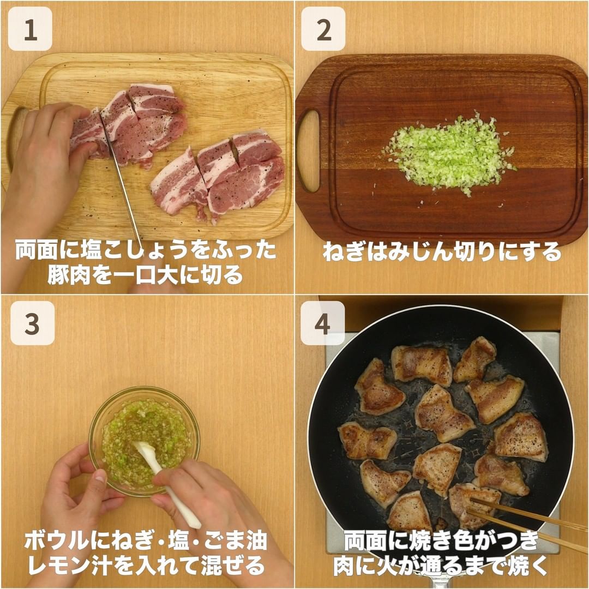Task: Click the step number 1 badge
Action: tap(30, 29)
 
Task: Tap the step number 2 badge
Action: tap(323, 29)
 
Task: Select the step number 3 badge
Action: tap(32, 323)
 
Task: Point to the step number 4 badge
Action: tap(323, 323)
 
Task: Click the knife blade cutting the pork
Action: tap(122, 181)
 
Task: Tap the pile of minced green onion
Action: tap(449, 153)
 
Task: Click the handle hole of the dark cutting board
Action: tap(309, 151)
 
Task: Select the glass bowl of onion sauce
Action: tap(144, 441)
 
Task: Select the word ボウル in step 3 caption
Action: tap(57, 542)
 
